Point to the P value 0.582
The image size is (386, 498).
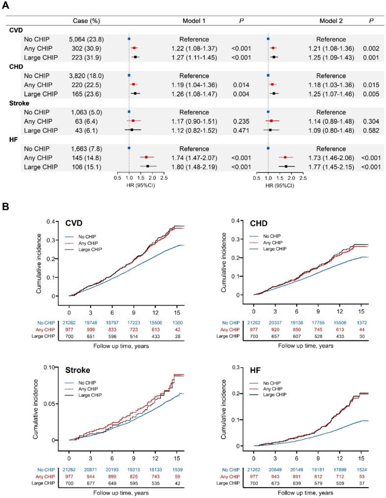370,130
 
